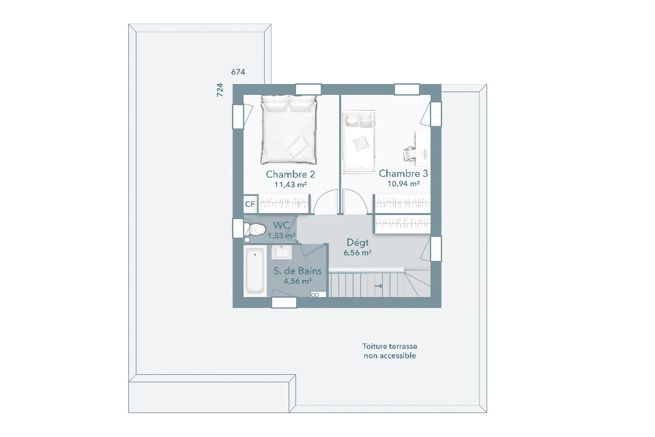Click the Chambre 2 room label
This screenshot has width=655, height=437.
point(291,174)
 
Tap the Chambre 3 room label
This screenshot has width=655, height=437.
point(403,173)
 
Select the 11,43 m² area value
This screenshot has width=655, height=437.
point(291,184)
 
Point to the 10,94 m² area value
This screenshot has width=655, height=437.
point(403,184)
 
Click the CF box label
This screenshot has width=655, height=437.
point(250,204)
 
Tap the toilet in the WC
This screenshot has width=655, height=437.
point(255,229)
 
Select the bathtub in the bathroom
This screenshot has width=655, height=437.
point(254,270)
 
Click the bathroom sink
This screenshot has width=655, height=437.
point(282,252)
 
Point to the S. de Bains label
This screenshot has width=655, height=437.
point(298,271)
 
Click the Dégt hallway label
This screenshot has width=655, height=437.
point(358,242)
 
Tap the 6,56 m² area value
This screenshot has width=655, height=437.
point(358,253)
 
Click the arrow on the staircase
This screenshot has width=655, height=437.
point(379,286)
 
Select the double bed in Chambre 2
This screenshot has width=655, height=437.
point(289,129)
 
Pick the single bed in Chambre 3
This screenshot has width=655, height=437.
point(358,142)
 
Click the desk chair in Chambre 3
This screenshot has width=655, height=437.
point(410,154)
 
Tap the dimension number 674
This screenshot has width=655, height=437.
point(238,72)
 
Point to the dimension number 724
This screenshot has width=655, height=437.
point(220,90)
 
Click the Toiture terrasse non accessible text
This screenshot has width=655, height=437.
point(390,351)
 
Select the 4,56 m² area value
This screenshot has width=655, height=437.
point(297,281)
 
